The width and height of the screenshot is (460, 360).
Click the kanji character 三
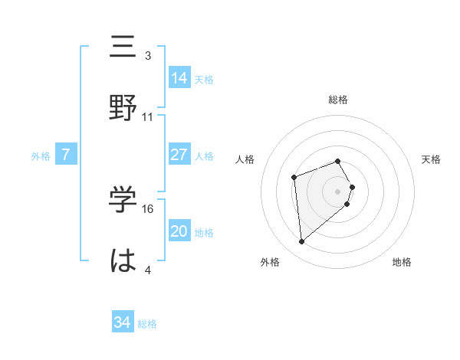tap(123, 47)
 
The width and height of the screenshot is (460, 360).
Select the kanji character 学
tap(123, 198)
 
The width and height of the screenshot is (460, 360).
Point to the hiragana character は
tap(123, 259)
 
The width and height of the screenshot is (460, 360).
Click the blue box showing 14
tap(179, 78)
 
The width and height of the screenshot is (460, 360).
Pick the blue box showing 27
tap(179, 155)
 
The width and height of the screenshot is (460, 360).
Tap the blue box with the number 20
tap(179, 231)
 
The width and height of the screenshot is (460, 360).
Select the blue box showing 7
tap(66, 155)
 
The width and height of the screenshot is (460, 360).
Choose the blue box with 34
tap(122, 322)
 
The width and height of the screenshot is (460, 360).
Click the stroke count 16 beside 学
tap(149, 208)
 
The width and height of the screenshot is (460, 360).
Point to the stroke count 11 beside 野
tap(148, 117)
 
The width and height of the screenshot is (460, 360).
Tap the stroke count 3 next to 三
tap(148, 56)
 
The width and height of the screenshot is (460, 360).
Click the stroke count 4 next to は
tap(148, 270)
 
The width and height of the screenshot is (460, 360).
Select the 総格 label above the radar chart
tap(338, 100)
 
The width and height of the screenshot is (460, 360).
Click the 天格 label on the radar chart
tap(432, 159)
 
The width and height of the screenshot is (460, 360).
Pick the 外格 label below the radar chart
tap(270, 262)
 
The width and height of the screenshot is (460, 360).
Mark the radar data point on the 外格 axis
tap(302, 242)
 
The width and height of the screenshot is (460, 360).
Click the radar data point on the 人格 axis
tap(294, 178)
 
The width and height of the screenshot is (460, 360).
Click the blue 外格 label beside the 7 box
tap(41, 155)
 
